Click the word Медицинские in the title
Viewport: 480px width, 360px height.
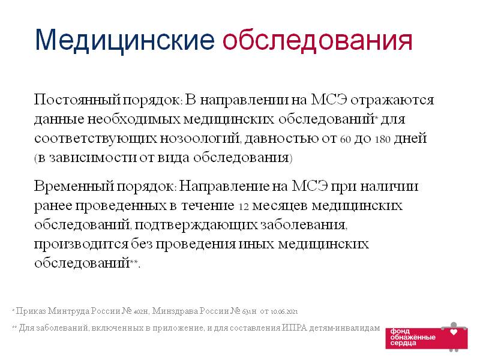[125, 40]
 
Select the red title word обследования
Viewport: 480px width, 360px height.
[317, 40]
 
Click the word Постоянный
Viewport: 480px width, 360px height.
[77, 100]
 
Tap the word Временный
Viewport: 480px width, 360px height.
[74, 186]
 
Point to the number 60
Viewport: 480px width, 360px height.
[346, 140]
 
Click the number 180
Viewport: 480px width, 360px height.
[383, 140]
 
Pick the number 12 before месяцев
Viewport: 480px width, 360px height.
[244, 206]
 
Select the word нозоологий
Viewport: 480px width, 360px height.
[200, 139]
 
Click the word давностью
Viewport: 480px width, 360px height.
[281, 139]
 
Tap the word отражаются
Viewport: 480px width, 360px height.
[392, 100]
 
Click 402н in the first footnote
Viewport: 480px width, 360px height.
[142, 311]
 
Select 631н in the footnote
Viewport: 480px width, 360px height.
[249, 311]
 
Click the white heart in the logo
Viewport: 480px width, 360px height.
[454, 332]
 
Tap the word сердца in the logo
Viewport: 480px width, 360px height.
[403, 343]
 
